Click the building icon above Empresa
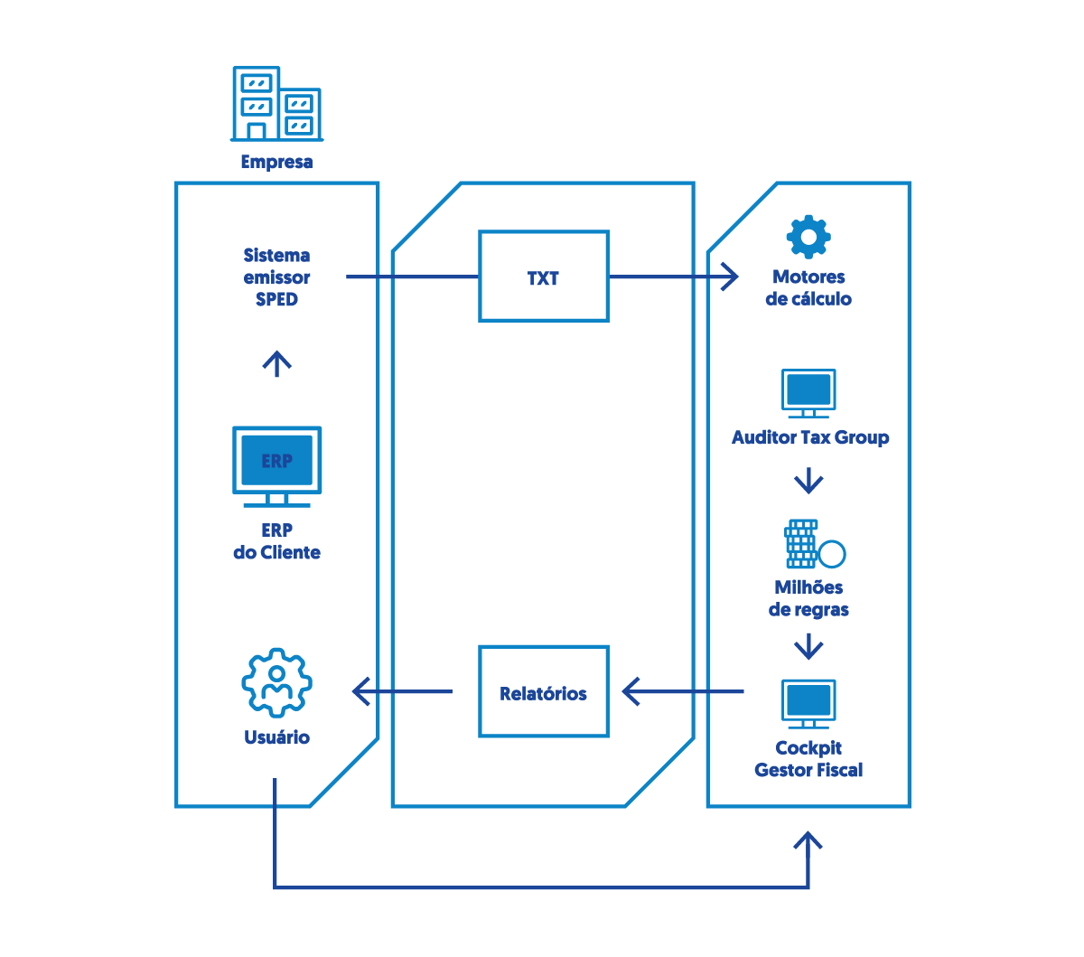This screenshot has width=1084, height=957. [x=276, y=104]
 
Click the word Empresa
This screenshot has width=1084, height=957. [x=276, y=163]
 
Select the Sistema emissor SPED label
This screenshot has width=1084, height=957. [x=276, y=277]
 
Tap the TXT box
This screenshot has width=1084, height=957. [x=543, y=277]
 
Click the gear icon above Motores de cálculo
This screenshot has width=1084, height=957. [x=808, y=238]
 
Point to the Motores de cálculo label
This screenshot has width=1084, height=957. [x=808, y=288]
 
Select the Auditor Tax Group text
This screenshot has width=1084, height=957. [x=810, y=438]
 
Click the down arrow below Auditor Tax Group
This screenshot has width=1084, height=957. [x=808, y=481]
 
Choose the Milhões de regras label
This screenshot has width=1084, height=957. [x=808, y=598]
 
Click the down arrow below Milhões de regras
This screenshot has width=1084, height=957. [x=808, y=647]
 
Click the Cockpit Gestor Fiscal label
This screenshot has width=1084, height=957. [x=808, y=759]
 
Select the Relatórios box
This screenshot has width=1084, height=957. [x=543, y=692]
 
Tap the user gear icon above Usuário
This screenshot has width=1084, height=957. [x=276, y=683]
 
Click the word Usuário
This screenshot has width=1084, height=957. [x=276, y=737]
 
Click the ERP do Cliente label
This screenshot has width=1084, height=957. [x=276, y=541]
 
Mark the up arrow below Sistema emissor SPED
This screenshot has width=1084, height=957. [x=276, y=363]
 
